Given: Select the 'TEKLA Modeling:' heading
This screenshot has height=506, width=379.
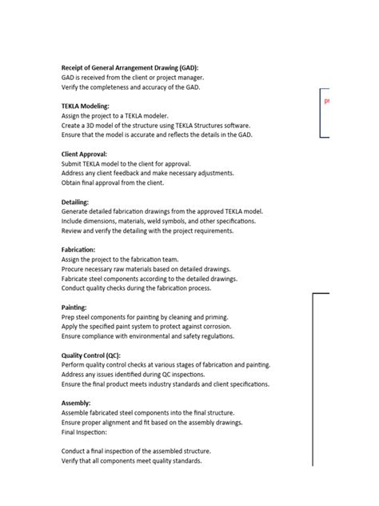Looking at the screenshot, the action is (x=86, y=106).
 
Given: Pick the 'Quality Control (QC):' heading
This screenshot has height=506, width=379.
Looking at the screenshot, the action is (x=97, y=355).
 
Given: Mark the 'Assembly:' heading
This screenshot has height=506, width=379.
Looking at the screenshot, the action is (x=76, y=404).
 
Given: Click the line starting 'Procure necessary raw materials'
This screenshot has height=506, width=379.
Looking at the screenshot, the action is (x=144, y=269).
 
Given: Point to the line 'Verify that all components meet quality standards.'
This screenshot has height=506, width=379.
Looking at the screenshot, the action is (x=132, y=461).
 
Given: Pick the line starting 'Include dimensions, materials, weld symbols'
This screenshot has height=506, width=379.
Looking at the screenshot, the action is (x=159, y=221).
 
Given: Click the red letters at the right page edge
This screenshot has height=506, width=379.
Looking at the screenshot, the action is (x=327, y=102).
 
